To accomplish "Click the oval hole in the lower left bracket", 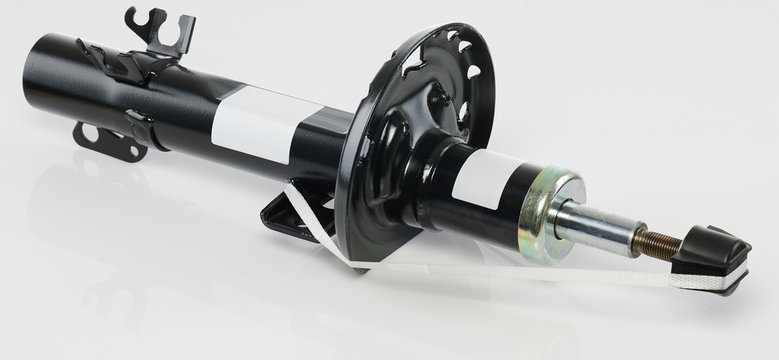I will tap(89, 133).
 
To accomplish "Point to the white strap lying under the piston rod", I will tap(560, 268).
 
